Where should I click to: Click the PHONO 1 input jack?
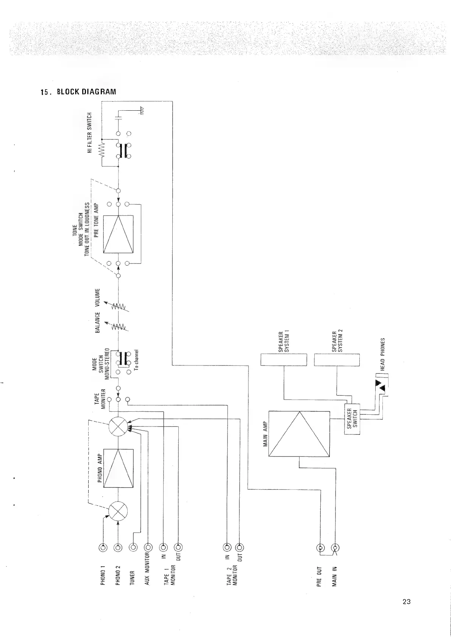pos(103,547)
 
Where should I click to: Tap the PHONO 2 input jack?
pos(118,547)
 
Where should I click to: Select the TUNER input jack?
pos(133,547)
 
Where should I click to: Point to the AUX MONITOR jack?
pos(148,547)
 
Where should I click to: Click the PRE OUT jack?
pos(321,548)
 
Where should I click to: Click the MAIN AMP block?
pos(300,434)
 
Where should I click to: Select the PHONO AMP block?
pos(119,468)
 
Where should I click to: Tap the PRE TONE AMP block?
pos(119,234)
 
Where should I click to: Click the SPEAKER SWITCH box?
pos(352,419)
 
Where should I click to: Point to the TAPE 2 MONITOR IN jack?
pos(226,547)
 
